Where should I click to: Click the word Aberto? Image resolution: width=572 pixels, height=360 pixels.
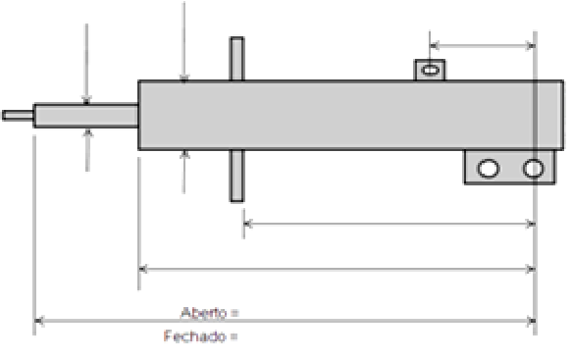pos(203,313)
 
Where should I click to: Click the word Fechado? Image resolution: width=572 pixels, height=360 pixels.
pos(194,335)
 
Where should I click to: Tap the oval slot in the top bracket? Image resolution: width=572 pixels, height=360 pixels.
pos(430,70)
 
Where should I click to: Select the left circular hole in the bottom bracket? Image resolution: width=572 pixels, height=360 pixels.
pos(488,169)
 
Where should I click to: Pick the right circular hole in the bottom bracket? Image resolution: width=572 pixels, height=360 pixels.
pos(534,169)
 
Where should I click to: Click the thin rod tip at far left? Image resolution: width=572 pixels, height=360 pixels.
pos(18,115)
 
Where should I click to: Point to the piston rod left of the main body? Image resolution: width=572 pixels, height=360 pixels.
pos(86,116)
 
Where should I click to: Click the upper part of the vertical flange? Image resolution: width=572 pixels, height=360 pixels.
pos(236,59)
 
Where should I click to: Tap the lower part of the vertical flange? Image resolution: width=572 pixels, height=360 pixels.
pos(236,176)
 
